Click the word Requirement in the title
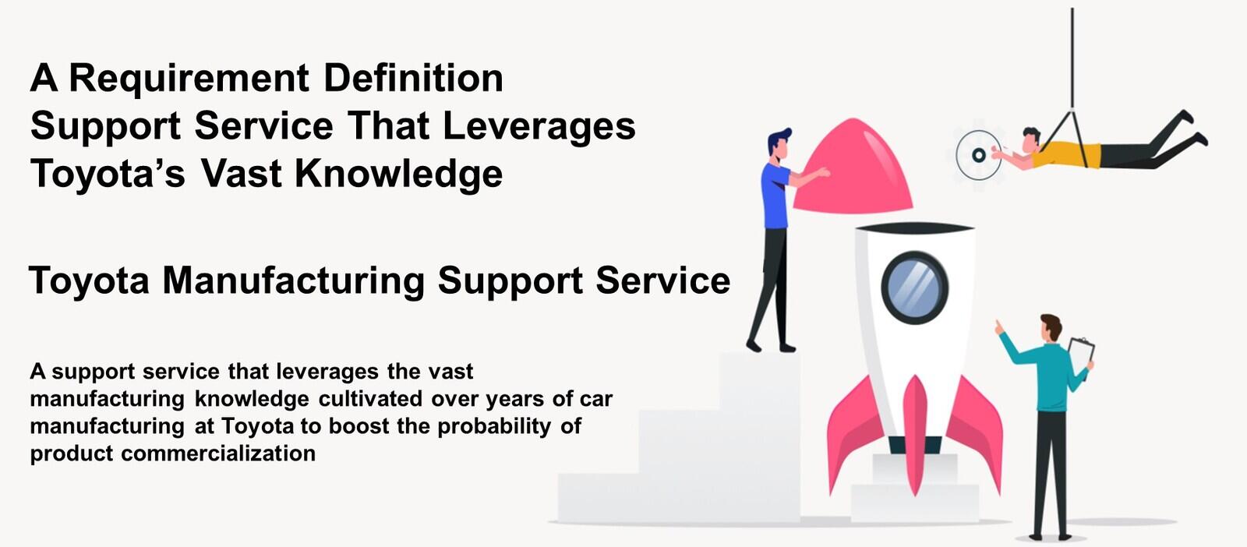(x=189, y=79)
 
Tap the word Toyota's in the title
(x=108, y=175)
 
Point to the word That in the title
(x=389, y=125)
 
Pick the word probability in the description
(x=494, y=427)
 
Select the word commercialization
(x=218, y=453)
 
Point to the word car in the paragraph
(x=596, y=400)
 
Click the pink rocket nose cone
(x=853, y=166)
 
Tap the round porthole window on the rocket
(x=914, y=288)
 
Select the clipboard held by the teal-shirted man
(x=1081, y=357)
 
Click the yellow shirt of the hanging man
(x=1066, y=154)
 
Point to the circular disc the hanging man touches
(x=978, y=155)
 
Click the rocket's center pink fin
(x=915, y=435)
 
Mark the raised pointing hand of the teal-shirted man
(x=999, y=327)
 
